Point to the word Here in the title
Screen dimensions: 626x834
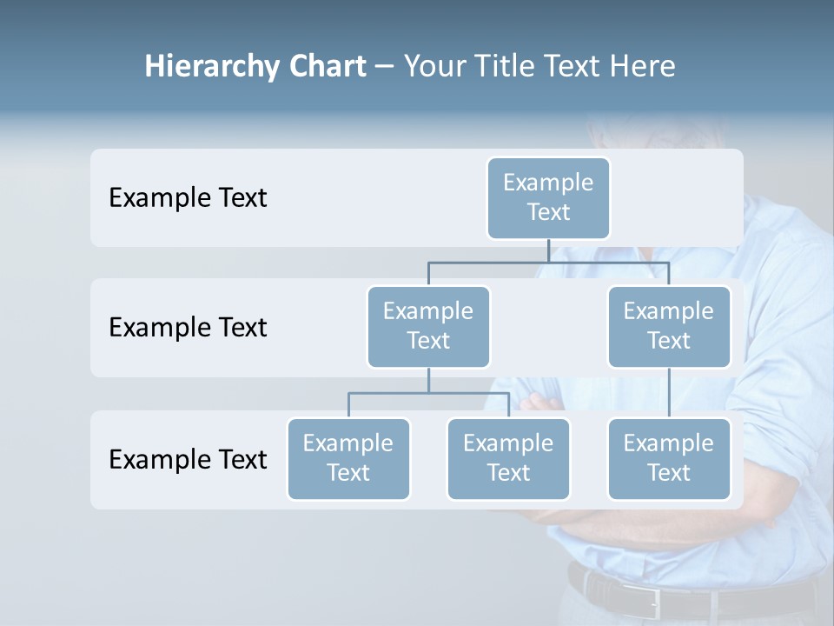click(642, 66)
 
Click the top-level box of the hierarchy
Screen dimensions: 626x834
click(548, 197)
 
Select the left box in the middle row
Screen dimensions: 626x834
click(428, 326)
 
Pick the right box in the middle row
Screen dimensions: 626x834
click(669, 326)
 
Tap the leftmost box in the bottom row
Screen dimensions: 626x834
click(348, 458)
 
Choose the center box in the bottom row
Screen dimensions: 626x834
click(508, 458)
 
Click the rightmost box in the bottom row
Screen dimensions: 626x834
click(669, 458)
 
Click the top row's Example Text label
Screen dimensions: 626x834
click(188, 198)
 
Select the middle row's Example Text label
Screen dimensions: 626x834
click(188, 328)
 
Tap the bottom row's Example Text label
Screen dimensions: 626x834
click(188, 459)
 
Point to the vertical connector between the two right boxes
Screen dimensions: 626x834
click(669, 392)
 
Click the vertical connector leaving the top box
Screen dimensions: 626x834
click(548, 250)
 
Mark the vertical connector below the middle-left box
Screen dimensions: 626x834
click(428, 380)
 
